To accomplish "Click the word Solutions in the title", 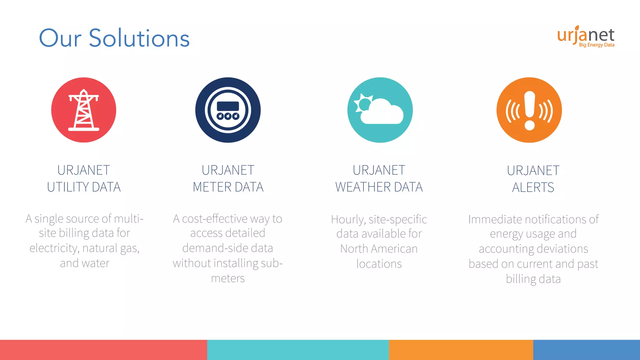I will [139, 38].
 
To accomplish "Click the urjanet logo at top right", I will [586, 35].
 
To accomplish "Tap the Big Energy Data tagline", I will [597, 45].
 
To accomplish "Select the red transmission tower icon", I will [84, 110].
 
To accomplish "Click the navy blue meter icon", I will [228, 110].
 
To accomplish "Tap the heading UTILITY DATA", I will [84, 187].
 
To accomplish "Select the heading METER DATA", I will [228, 187].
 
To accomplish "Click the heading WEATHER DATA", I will [379, 187].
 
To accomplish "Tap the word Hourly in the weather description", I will [347, 220].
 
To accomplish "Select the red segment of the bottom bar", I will [103, 350].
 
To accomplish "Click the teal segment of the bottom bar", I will [298, 350].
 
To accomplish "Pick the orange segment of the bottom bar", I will [461, 350].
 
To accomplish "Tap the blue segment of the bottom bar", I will [586, 350].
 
